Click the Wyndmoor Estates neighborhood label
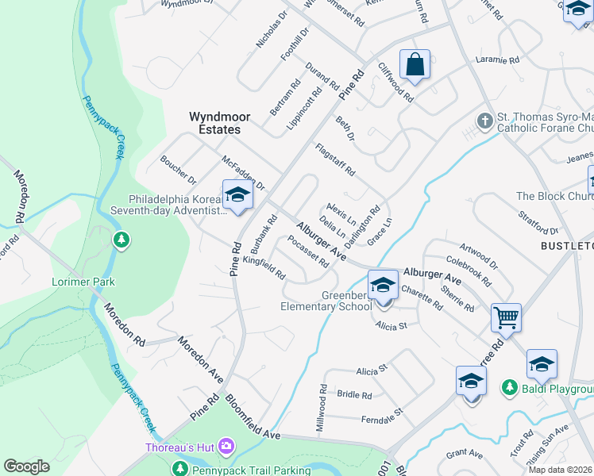(x=219, y=122)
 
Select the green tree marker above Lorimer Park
(x=121, y=240)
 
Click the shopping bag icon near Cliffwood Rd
(x=415, y=65)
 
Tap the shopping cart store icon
(x=506, y=318)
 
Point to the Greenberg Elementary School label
(x=326, y=301)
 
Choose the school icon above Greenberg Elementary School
(x=383, y=284)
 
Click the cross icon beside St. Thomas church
(x=484, y=121)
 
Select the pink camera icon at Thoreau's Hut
(x=226, y=447)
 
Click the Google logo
(x=27, y=467)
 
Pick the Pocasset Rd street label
(x=307, y=251)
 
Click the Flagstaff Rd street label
(x=334, y=159)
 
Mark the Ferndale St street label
(x=382, y=414)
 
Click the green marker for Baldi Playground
(x=508, y=388)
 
